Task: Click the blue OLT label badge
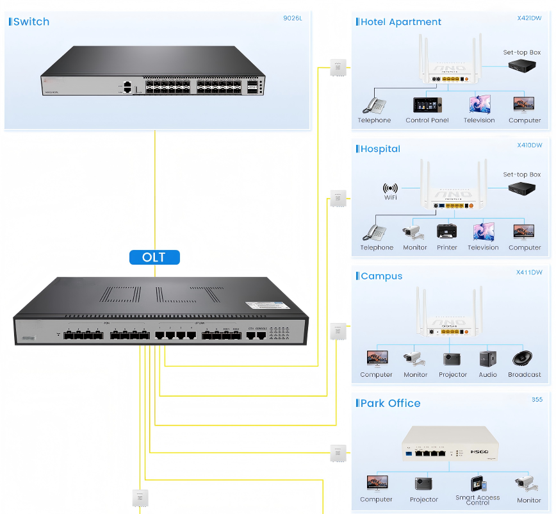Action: click(154, 257)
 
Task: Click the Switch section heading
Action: click(31, 22)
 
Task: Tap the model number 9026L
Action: click(292, 18)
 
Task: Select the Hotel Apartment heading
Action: click(400, 22)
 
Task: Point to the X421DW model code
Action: click(529, 18)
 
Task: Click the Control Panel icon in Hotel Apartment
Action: click(427, 105)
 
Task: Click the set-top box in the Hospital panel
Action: click(521, 188)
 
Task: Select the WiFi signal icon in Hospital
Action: click(390, 188)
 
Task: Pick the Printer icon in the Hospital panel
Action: click(446, 232)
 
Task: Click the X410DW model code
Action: click(529, 145)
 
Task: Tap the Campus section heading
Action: click(381, 276)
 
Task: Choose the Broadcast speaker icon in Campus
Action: click(524, 359)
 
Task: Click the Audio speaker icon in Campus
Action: click(487, 359)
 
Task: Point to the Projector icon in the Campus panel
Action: click(452, 359)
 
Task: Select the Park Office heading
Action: click(390, 403)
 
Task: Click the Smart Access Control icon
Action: click(478, 484)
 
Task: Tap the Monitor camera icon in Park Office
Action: click(528, 485)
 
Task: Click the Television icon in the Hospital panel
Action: click(483, 232)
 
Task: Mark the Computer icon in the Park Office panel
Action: click(376, 484)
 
